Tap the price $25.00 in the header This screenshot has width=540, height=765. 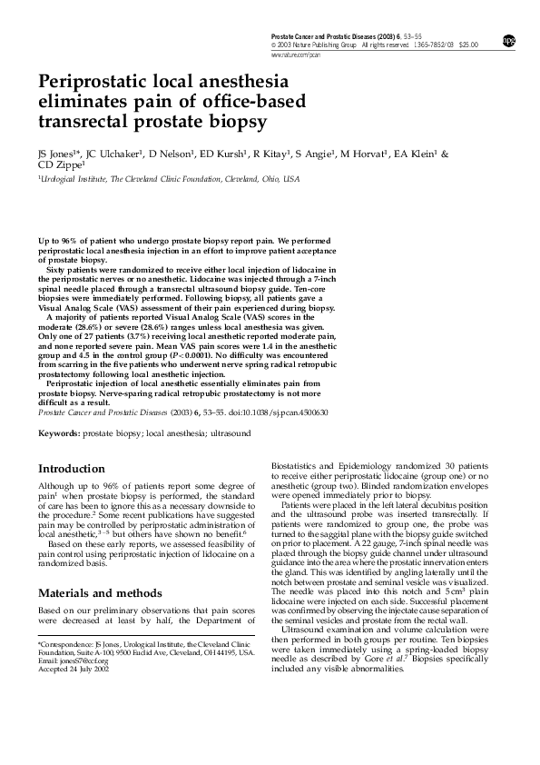468,44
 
